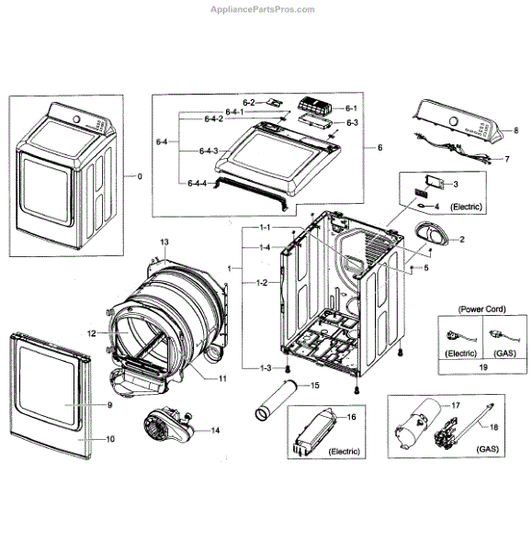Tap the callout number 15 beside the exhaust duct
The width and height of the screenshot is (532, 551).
[315, 385]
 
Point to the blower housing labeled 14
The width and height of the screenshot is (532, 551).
[165, 428]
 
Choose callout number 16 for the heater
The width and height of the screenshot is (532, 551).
[350, 417]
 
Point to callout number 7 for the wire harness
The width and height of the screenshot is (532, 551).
[505, 159]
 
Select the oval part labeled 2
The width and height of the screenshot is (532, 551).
[431, 234]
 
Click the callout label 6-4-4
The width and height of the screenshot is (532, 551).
[198, 184]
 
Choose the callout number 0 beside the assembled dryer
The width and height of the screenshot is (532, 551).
[140, 175]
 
